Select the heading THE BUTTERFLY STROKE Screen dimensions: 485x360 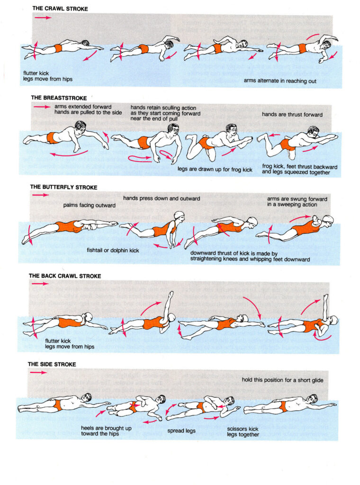(x=63, y=188)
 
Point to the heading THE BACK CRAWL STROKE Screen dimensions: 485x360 (x=65, y=276)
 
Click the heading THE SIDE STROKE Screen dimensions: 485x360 (x=52, y=364)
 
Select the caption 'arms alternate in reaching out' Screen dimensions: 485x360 (x=280, y=81)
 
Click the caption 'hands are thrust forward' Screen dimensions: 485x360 (x=292, y=115)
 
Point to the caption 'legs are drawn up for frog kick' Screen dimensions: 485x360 (x=215, y=168)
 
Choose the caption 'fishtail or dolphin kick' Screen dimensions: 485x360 (x=113, y=250)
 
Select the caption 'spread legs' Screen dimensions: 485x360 (x=182, y=431)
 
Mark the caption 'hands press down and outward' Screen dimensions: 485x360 (x=162, y=198)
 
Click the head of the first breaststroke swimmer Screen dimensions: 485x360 (x=80, y=127)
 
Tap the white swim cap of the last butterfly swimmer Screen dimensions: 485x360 (x=328, y=219)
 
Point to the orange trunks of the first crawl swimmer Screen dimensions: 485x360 (x=58, y=48)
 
